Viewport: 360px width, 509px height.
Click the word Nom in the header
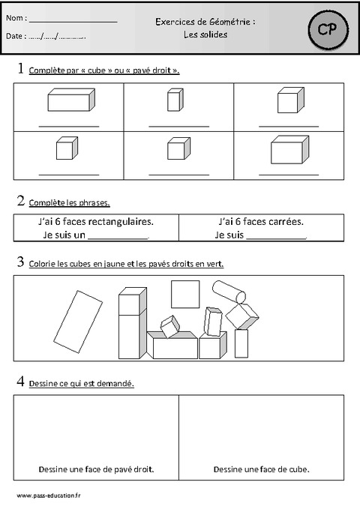[16, 17]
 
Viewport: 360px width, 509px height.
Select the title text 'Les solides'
[205, 34]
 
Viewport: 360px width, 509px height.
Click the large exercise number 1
[19, 69]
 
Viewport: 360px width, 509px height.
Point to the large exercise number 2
[19, 201]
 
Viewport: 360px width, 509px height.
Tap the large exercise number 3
[19, 262]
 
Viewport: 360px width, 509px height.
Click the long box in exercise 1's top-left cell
[70, 99]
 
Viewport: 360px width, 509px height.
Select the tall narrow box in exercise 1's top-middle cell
[174, 100]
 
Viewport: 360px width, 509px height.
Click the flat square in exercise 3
[185, 294]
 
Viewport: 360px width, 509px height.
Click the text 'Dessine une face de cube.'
[261, 470]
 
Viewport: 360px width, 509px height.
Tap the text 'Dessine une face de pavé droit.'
[96, 470]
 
